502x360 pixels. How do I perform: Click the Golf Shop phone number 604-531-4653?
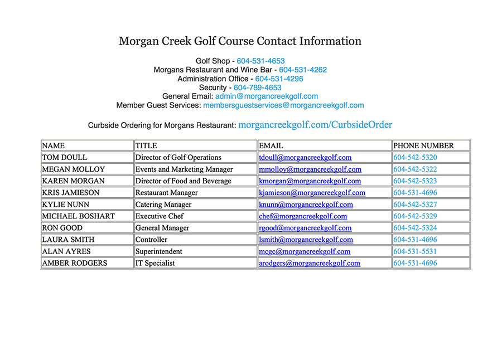click(x=260, y=61)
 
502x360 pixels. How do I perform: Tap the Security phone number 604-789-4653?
click(x=257, y=87)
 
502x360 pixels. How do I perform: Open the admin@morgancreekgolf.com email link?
click(x=267, y=96)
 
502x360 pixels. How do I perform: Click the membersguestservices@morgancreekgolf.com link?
click(x=283, y=105)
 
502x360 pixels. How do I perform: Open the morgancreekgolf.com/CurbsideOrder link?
click(x=315, y=125)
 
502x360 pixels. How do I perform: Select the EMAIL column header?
click(x=271, y=145)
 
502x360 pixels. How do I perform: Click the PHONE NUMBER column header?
click(x=424, y=145)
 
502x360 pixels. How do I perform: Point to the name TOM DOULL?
click(x=65, y=158)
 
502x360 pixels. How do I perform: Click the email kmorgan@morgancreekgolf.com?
click(x=310, y=181)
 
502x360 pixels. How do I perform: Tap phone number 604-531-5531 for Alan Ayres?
click(x=415, y=251)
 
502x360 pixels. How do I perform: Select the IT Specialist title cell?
click(x=155, y=263)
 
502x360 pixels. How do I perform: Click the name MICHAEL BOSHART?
click(x=79, y=216)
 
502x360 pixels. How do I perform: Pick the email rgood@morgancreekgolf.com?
click(x=305, y=228)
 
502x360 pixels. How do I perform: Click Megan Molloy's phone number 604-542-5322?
click(x=415, y=169)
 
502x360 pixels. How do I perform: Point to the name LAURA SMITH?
click(x=68, y=240)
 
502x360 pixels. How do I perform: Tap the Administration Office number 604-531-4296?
click(x=279, y=79)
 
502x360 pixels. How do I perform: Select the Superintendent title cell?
click(x=159, y=251)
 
